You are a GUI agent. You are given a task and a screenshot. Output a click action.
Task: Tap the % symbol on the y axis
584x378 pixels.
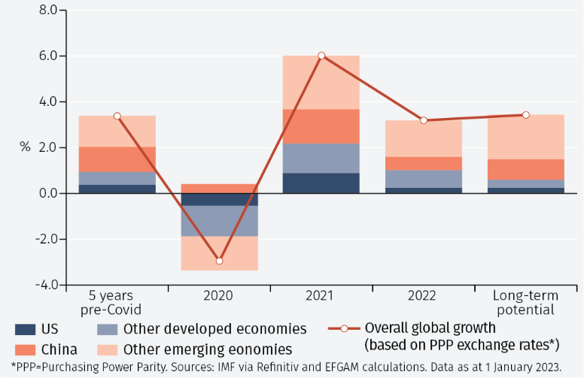click(26, 147)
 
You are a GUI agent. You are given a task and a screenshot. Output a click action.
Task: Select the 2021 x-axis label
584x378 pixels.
click(321, 296)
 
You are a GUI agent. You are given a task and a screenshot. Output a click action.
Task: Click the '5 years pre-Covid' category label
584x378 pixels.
click(117, 303)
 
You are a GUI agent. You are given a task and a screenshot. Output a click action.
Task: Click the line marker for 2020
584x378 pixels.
click(219, 261)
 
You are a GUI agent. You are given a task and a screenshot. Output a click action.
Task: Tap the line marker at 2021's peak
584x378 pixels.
click(321, 56)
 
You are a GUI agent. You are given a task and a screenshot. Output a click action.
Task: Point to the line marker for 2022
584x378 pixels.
click(424, 120)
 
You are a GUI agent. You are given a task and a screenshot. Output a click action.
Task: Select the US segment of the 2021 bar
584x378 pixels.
click(321, 183)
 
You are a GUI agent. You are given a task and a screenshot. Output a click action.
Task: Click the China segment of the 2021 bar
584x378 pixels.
click(321, 126)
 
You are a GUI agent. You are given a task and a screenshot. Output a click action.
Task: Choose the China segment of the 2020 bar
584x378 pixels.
click(219, 189)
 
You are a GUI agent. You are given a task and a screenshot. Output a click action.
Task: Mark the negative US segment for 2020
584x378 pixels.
click(219, 199)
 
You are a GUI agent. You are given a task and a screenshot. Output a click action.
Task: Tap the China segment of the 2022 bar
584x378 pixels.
click(424, 163)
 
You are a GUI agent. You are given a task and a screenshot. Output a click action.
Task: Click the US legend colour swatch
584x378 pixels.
click(25, 329)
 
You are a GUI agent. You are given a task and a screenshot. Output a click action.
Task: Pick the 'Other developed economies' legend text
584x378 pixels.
click(214, 329)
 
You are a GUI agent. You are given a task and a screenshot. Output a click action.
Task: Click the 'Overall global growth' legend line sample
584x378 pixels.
click(344, 328)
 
